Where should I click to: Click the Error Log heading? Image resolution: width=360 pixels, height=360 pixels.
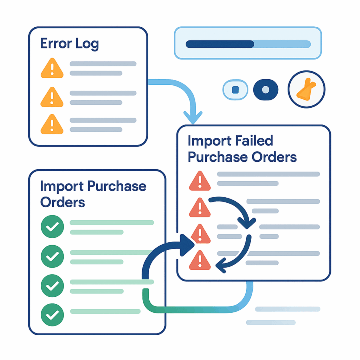tap(69, 44)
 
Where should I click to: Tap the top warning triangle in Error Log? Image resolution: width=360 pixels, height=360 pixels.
tap(52, 69)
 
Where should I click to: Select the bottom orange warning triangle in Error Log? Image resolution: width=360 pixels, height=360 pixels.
tap(52, 124)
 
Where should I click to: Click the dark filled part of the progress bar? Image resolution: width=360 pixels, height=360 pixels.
tap(220, 44)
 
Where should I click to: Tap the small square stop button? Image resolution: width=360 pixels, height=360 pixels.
tap(235, 90)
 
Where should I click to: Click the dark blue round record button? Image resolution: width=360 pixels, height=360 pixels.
tap(266, 90)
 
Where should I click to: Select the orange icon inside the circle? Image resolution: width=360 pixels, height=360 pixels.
tap(306, 90)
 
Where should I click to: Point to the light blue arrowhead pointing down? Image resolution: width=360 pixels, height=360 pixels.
tap(195, 118)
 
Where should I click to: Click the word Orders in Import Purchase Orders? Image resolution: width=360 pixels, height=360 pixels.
tap(62, 202)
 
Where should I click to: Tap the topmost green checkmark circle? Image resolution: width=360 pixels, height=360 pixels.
tap(52, 227)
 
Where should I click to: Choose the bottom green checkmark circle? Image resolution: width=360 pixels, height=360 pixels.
tap(52, 315)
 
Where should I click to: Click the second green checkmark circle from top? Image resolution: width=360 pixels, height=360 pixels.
tap(52, 256)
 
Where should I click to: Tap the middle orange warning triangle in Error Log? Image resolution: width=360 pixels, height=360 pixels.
tap(52, 96)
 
